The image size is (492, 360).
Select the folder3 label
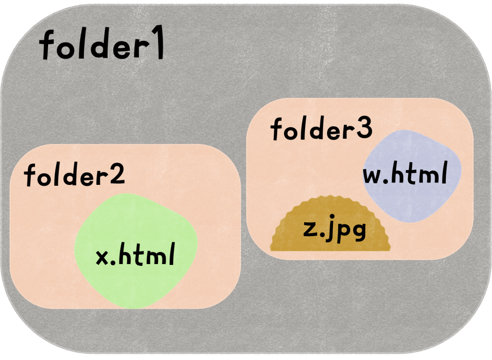pos(321,129)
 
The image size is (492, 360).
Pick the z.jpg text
pos(335,230)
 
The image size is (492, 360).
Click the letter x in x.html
pos(102,257)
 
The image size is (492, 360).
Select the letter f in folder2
pos(30,176)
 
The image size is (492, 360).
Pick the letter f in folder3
pos(277,130)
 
